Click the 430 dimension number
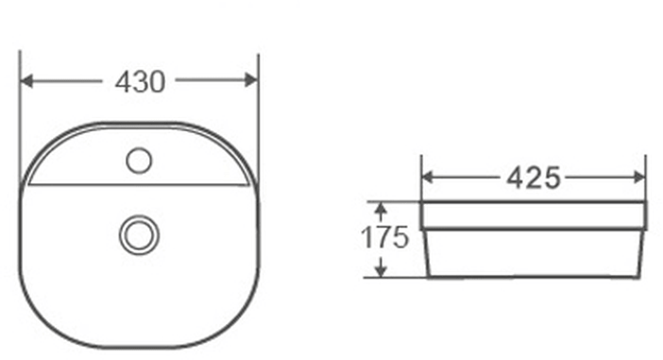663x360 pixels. click(140, 82)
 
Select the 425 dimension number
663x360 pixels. click(534, 178)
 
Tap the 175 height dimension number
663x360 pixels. click(384, 237)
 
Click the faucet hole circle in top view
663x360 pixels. click(139, 161)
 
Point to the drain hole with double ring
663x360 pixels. click(139, 235)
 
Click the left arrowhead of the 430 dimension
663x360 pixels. click(26, 80)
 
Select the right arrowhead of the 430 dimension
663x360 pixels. click(251, 80)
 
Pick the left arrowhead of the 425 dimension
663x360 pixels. click(429, 178)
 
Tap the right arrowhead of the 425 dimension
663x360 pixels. click(638, 178)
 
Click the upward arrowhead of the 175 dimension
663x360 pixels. click(382, 209)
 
